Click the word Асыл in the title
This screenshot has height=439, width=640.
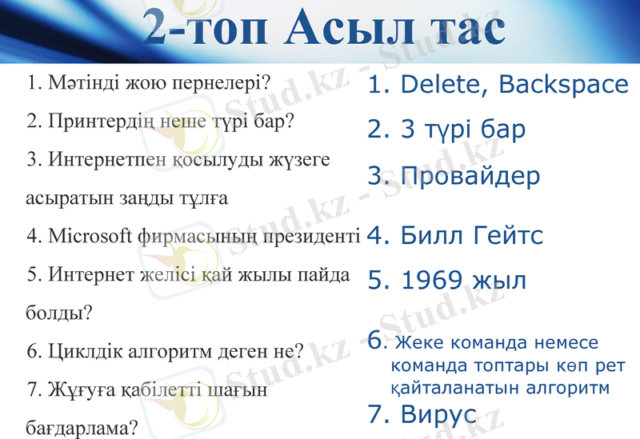coord(352,29)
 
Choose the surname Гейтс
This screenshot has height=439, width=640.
coord(508,235)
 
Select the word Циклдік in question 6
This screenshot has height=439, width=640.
coord(82,351)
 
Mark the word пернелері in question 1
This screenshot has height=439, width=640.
coord(211,83)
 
